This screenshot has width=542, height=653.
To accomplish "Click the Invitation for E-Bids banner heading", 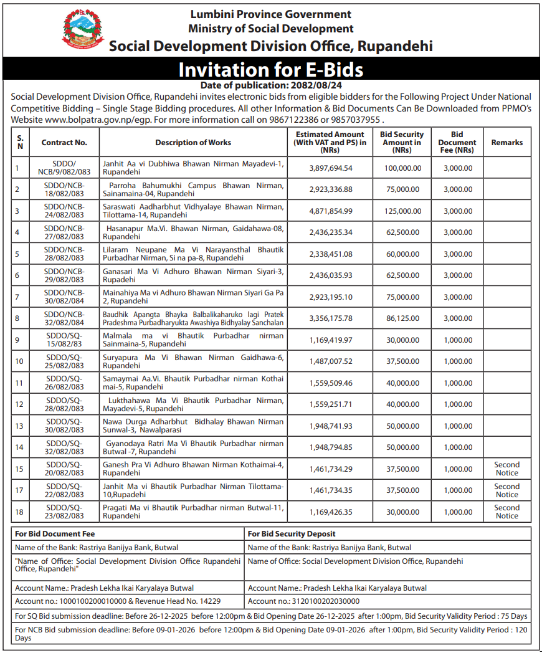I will click(270, 69).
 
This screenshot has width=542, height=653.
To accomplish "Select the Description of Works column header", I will click(193, 143).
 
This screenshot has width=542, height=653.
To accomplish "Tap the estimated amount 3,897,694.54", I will click(330, 168).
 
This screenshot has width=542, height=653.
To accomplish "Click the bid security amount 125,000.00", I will click(402, 211).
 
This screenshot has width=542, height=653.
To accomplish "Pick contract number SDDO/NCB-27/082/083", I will click(65, 232).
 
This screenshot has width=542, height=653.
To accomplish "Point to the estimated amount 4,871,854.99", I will click(330, 211).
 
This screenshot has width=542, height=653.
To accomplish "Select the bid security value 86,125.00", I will click(402, 318).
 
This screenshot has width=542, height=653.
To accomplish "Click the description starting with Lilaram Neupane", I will click(193, 254).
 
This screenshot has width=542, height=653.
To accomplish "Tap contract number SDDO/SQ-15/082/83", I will click(65, 340).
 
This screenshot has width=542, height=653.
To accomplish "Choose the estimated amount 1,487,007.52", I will click(330, 361).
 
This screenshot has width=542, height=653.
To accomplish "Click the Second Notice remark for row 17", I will click(506, 490).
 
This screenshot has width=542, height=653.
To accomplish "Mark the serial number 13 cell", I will click(19, 426).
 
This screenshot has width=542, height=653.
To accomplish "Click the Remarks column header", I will click(506, 143).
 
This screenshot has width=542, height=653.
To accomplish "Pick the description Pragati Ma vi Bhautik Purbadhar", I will click(193, 512).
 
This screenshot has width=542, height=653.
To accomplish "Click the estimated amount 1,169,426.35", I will click(330, 512).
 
